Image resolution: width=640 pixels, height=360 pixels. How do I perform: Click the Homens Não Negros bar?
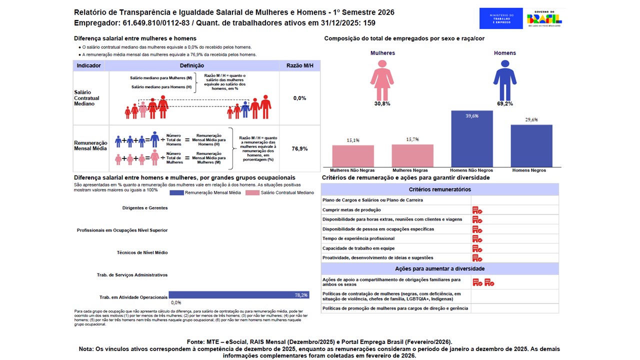pyautogui.click(x=471, y=138)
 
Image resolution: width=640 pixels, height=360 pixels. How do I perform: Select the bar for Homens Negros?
pyautogui.click(x=531, y=145)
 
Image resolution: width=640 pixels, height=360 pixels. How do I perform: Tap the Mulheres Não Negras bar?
pyautogui.click(x=353, y=156)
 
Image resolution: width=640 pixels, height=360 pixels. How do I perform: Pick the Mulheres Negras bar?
pyautogui.click(x=412, y=155)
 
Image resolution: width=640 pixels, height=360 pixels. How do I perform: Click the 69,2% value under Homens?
pyautogui.click(x=504, y=103)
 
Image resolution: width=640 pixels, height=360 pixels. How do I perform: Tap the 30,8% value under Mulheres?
pyautogui.click(x=382, y=103)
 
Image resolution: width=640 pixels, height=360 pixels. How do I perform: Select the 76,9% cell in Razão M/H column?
pyautogui.click(x=300, y=148)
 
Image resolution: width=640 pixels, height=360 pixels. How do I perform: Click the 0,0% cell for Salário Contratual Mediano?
pyautogui.click(x=300, y=98)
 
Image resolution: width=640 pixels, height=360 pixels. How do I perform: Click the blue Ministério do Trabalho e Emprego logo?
pyautogui.click(x=500, y=18)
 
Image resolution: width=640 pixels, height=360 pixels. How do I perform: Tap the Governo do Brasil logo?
pyautogui.click(x=544, y=18)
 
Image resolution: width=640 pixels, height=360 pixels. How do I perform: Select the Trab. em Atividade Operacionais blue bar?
pyautogui.click(x=239, y=295)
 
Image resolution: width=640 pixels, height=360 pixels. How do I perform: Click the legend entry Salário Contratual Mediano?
pyautogui.click(x=279, y=192)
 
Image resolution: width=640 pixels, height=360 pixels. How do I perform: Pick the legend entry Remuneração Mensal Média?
pyautogui.click(x=206, y=192)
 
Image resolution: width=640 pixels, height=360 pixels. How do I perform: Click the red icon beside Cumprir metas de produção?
pyautogui.click(x=477, y=210)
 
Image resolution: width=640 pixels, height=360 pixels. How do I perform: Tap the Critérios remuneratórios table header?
pyautogui.click(x=439, y=189)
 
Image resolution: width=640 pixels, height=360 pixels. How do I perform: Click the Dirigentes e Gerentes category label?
pyautogui.click(x=144, y=207)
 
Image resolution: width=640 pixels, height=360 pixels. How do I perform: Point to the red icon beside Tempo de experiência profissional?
pyautogui.click(x=477, y=238)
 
